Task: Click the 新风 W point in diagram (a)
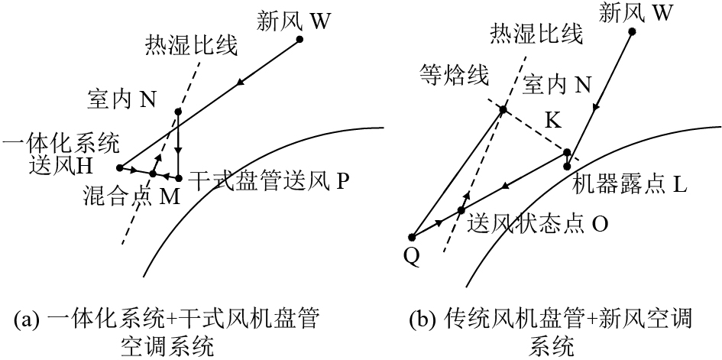tap(299, 39)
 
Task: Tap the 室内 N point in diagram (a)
tap(177, 112)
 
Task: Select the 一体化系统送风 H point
tap(119, 167)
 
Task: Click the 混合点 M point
tap(153, 174)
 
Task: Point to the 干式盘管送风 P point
tap(177, 177)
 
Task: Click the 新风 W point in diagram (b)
tap(632, 31)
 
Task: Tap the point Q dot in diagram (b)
tap(412, 237)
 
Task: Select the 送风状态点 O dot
tap(461, 209)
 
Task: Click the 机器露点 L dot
tap(567, 166)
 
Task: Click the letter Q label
tap(411, 257)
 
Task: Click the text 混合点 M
tap(130, 197)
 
